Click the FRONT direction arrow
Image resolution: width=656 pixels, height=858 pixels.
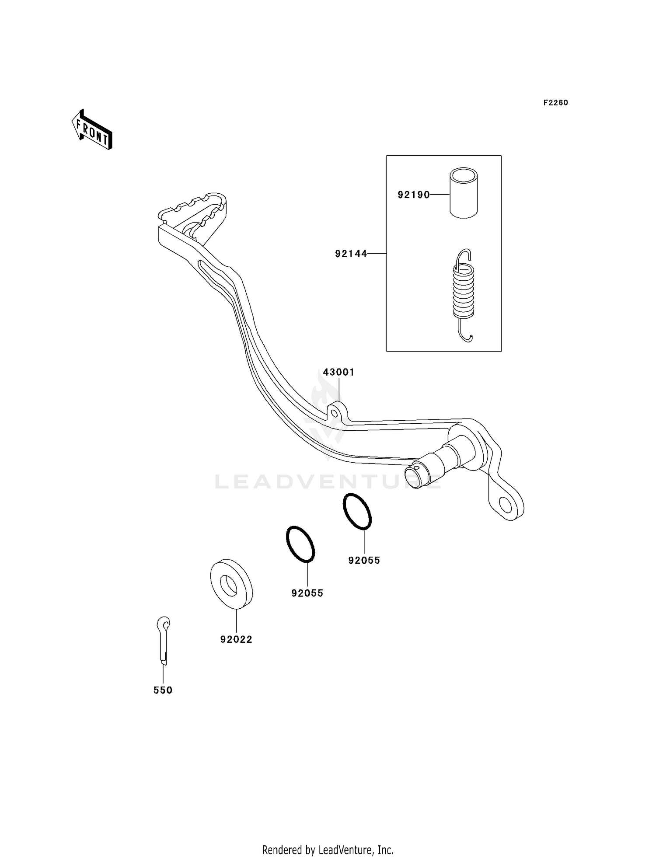92,130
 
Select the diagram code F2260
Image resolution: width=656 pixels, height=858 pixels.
555,103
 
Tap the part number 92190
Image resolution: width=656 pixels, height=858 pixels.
413,195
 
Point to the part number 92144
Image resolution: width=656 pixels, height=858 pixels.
351,254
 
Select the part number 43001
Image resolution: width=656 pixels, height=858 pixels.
338,372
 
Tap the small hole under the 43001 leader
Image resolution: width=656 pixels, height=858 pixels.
335,413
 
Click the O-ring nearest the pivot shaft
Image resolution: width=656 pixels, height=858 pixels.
357,511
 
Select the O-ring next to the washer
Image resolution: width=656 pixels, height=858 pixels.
300,544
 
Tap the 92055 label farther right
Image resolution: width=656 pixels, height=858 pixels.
364,560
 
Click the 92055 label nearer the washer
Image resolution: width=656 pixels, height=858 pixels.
307,593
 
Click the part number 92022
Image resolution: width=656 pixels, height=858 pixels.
236,639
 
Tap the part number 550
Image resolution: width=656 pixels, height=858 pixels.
163,690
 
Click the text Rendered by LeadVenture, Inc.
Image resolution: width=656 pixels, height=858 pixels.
328,850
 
